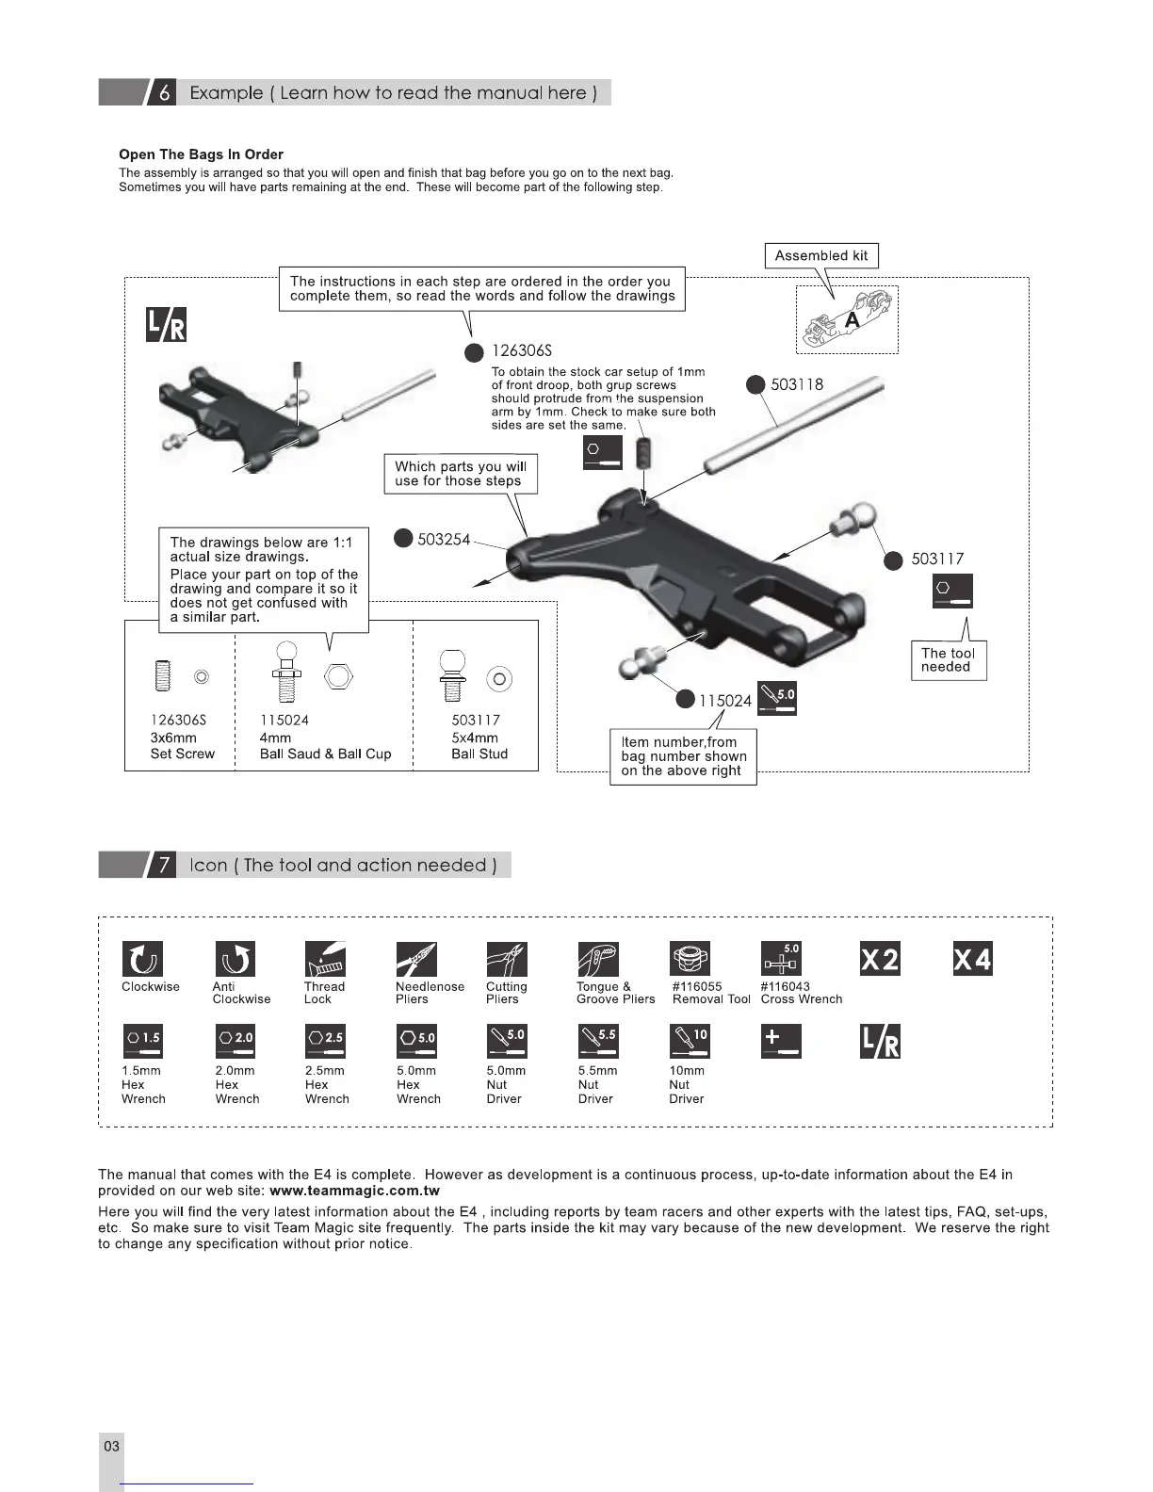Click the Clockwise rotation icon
pyautogui.click(x=142, y=960)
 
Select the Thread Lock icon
pyautogui.click(x=325, y=960)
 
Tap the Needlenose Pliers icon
pyautogui.click(x=416, y=960)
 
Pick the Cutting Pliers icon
pyautogui.click(x=507, y=960)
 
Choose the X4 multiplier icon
pyautogui.click(x=972, y=960)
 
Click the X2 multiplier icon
pyautogui.click(x=880, y=960)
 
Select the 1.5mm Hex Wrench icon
pyautogui.click(x=142, y=1041)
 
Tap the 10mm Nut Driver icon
pyautogui.click(x=690, y=1041)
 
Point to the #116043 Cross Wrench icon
pyautogui.click(x=781, y=960)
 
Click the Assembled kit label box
pyautogui.click(x=820, y=255)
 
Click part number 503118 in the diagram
pyautogui.click(x=797, y=384)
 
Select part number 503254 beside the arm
pyautogui.click(x=443, y=539)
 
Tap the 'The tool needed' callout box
pyautogui.click(x=948, y=660)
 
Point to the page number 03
pyautogui.click(x=111, y=1446)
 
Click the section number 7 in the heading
pyautogui.click(x=164, y=866)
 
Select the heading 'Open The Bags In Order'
pyautogui.click(x=201, y=154)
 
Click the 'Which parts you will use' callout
pyautogui.click(x=461, y=474)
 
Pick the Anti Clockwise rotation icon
pyautogui.click(x=235, y=960)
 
